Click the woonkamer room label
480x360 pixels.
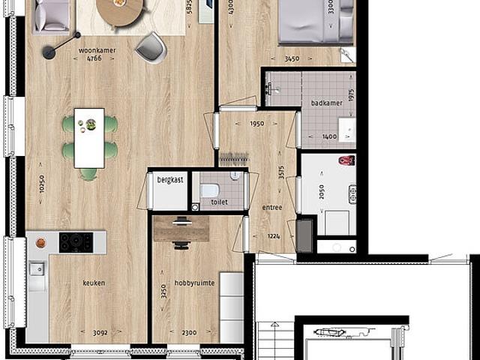(x=94, y=49)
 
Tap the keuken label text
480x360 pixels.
(x=94, y=283)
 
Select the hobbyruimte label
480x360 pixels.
(x=194, y=283)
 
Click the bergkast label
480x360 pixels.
(x=170, y=179)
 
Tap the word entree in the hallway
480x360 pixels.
(x=272, y=208)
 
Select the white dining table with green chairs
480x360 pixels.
(x=89, y=138)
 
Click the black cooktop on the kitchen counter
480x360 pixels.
(x=76, y=242)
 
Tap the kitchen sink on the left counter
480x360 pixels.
(x=37, y=268)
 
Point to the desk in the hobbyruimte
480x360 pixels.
(x=181, y=229)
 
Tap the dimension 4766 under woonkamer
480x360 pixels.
(x=94, y=58)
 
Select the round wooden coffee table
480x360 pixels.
(x=119, y=10)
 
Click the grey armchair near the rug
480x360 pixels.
(x=151, y=47)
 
